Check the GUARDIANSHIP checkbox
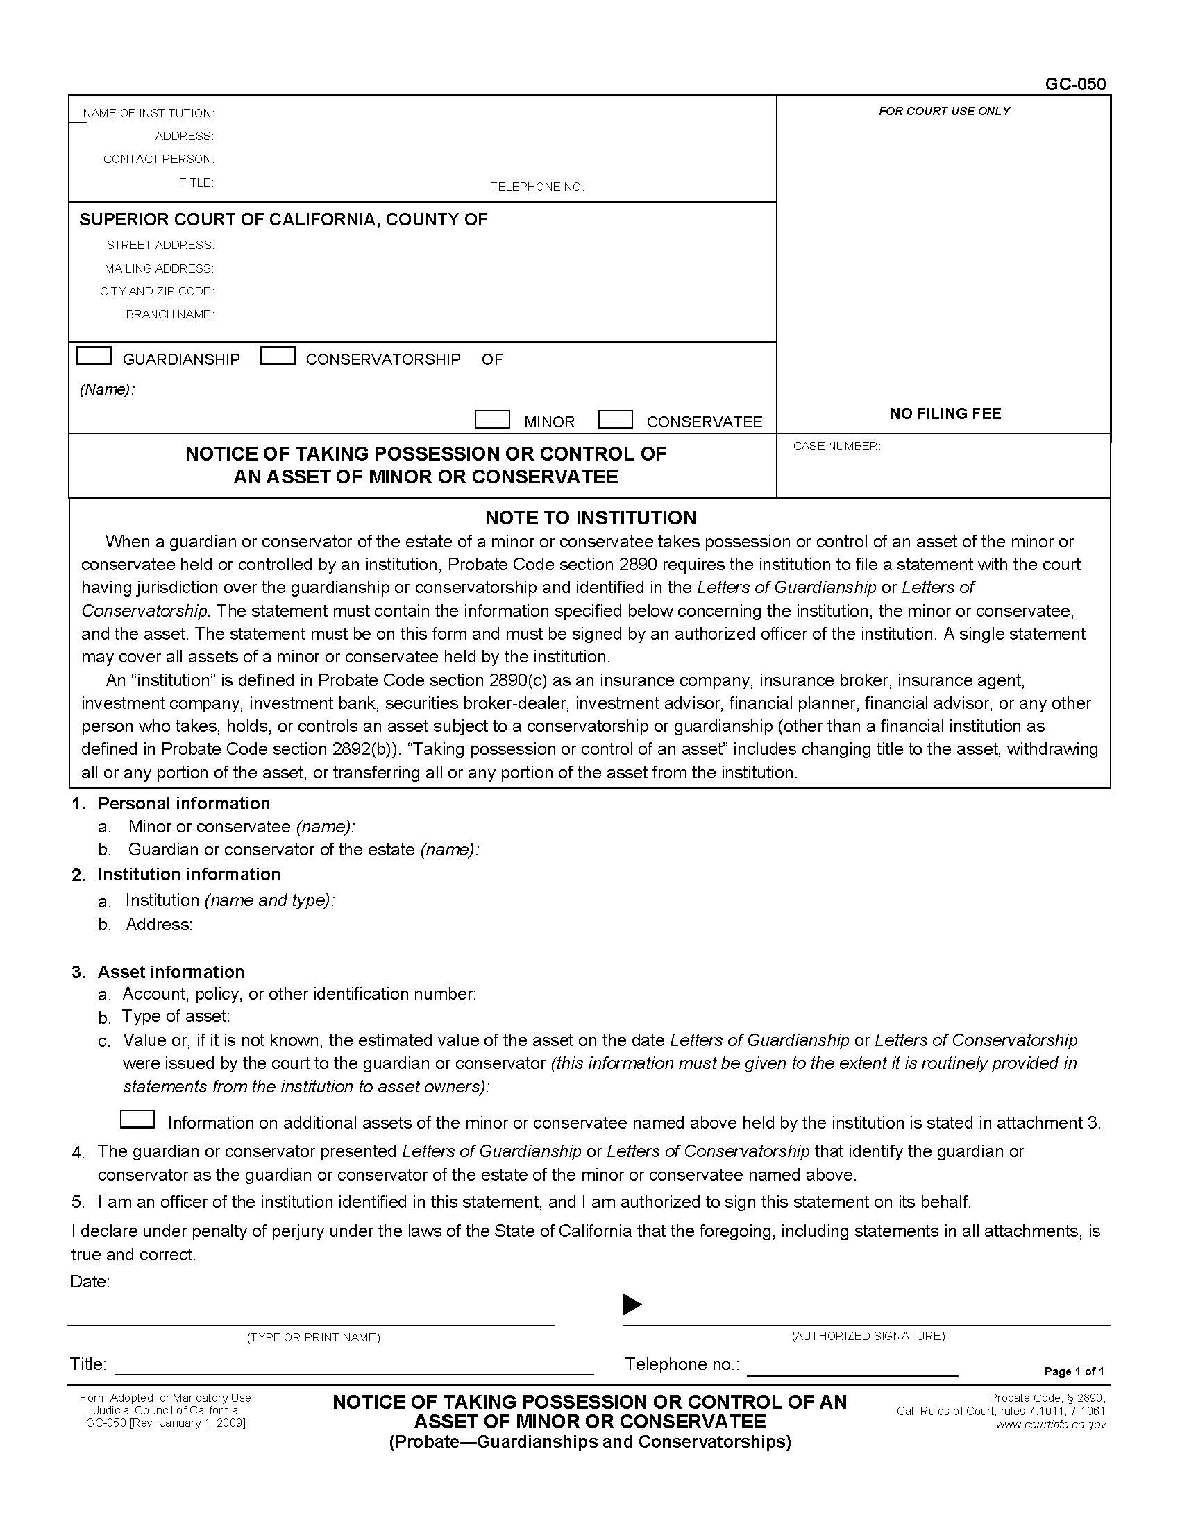pyautogui.click(x=94, y=356)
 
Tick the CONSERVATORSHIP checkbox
pyautogui.click(x=278, y=356)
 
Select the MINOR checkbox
pyautogui.click(x=492, y=419)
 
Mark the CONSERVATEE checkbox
pyautogui.click(x=615, y=419)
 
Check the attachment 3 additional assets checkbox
pyautogui.click(x=137, y=1119)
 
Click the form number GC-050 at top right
pyautogui.click(x=1075, y=84)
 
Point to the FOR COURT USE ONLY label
pyautogui.click(x=945, y=111)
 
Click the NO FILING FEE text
pyautogui.click(x=945, y=413)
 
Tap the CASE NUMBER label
pyautogui.click(x=836, y=447)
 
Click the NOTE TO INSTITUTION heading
pyautogui.click(x=591, y=517)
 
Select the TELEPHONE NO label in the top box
pyautogui.click(x=536, y=187)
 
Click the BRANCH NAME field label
pyautogui.click(x=170, y=314)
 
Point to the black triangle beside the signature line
pyautogui.click(x=631, y=1304)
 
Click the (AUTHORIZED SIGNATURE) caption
pyautogui.click(x=868, y=1336)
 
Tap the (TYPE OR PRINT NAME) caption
pyautogui.click(x=313, y=1337)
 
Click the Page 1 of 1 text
pyautogui.click(x=1074, y=1371)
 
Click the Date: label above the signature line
pyautogui.click(x=90, y=1281)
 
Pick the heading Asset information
pyautogui.click(x=171, y=972)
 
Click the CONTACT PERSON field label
pyautogui.click(x=159, y=160)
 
